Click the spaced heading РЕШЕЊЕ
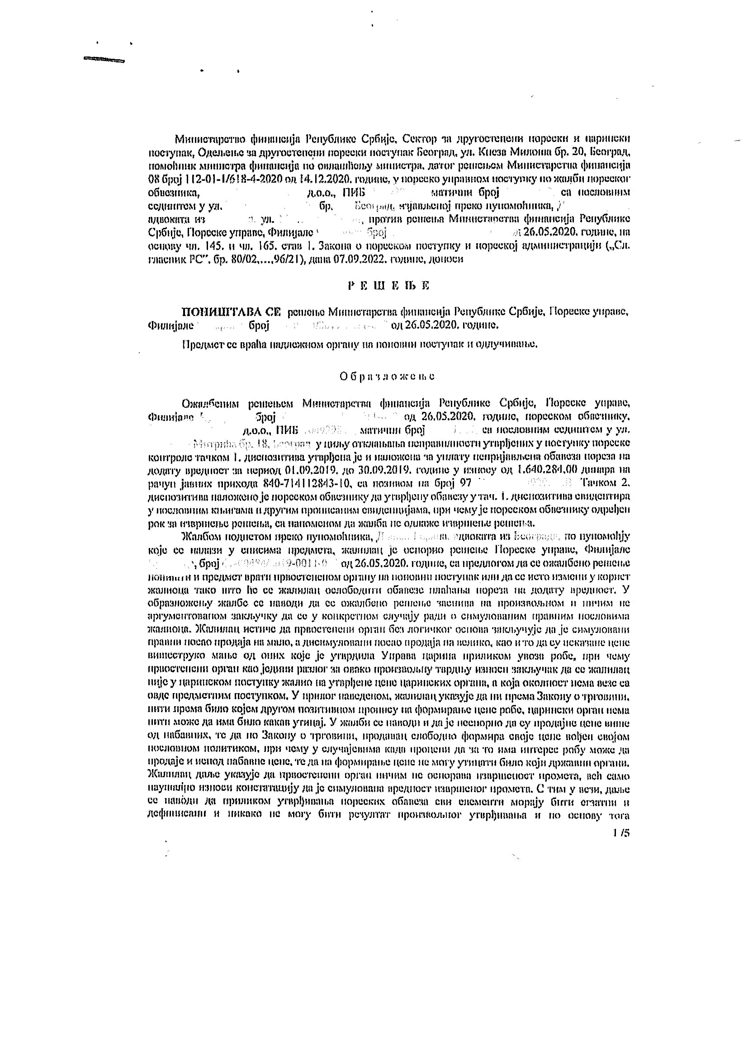tap(388, 285)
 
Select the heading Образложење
tap(387, 377)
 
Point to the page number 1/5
tap(621, 833)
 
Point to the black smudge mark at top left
tap(104, 59)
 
